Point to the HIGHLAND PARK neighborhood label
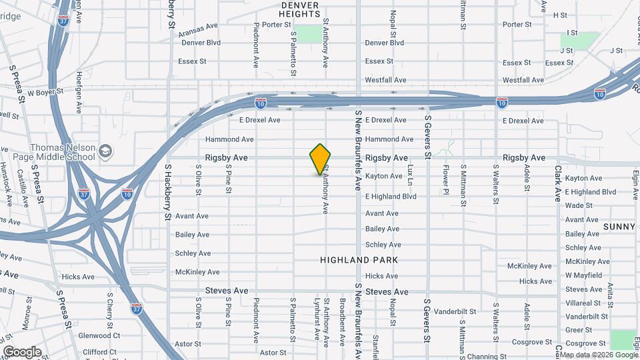coord(358,260)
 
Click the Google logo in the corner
coord(22,351)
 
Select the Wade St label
coord(579,205)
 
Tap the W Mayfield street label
coord(583,275)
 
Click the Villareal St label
coord(583,303)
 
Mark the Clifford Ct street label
coord(99,351)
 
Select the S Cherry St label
coord(109,307)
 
